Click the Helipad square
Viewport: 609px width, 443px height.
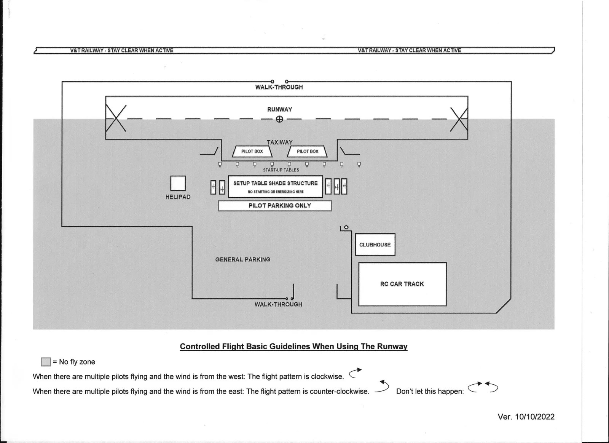point(178,183)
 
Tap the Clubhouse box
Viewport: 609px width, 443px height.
point(375,245)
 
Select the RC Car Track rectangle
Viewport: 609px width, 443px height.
point(402,284)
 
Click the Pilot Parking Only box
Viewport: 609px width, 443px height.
point(274,206)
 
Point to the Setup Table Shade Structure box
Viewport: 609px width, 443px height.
point(275,186)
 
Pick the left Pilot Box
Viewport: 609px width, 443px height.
point(252,152)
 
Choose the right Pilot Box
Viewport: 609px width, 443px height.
point(307,152)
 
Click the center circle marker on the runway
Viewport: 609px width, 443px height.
point(279,119)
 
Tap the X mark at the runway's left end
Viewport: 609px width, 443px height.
point(116,118)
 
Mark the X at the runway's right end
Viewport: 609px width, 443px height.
point(459,119)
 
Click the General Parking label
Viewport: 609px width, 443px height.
point(243,259)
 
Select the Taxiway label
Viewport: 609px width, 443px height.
point(280,142)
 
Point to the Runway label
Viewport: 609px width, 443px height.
point(280,109)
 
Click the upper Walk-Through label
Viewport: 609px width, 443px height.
point(279,87)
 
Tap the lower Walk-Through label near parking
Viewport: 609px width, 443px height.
point(278,304)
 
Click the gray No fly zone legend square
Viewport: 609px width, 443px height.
point(46,362)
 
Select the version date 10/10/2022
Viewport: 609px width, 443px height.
point(526,417)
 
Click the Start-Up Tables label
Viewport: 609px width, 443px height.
point(281,170)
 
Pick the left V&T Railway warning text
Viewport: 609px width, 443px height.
point(122,50)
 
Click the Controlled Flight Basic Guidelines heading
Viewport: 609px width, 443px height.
point(293,347)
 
